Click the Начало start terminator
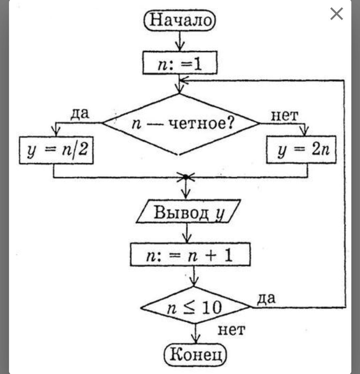180,20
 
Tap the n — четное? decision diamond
180,124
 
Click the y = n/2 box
56,150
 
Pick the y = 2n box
301,150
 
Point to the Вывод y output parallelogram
189,212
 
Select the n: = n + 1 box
190,255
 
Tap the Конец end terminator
195,354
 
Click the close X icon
336,14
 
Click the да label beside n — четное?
80,113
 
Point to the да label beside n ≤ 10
266,298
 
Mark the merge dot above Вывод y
186,177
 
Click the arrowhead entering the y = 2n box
305,132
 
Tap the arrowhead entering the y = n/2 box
56,132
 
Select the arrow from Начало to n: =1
180,41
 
